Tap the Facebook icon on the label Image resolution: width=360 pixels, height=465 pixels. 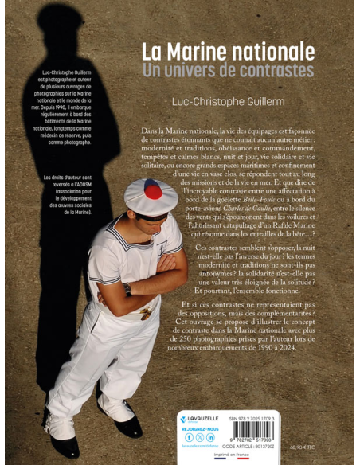pos(189,437)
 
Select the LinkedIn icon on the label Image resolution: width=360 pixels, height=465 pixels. pos(211,437)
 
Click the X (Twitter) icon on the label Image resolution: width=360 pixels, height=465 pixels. pos(200,437)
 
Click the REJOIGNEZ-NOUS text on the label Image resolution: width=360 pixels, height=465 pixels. pos(199,428)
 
